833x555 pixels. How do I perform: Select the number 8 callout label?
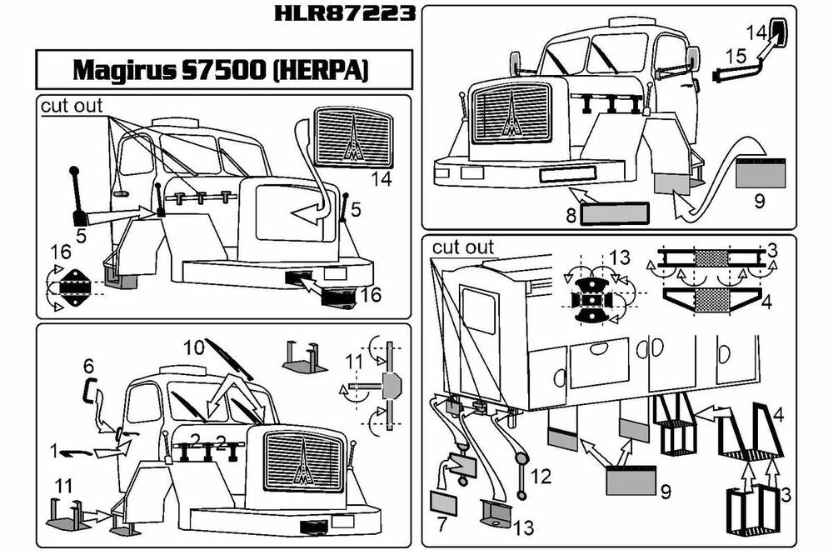click(571, 214)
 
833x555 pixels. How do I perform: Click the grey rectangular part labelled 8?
click(614, 213)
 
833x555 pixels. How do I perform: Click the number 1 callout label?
click(54, 452)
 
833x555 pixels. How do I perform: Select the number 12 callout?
click(541, 477)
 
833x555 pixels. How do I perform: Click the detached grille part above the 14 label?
click(353, 138)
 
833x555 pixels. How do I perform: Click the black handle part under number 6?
click(89, 388)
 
